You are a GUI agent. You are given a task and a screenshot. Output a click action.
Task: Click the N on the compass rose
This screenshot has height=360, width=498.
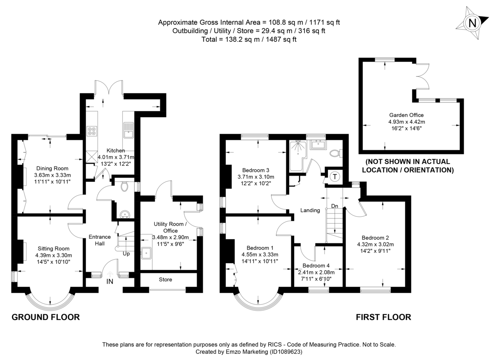[x=472, y=23]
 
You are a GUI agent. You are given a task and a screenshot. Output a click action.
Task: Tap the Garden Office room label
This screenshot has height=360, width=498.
[x=406, y=115]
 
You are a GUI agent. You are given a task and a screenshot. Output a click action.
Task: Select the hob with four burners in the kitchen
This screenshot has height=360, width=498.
[x=92, y=131]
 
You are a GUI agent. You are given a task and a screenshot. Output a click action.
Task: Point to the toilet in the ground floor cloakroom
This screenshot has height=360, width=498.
[x=125, y=186]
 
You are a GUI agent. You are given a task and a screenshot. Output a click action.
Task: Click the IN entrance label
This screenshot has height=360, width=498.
[x=110, y=282]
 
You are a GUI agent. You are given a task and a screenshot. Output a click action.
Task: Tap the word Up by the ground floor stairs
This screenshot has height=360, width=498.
[x=126, y=254]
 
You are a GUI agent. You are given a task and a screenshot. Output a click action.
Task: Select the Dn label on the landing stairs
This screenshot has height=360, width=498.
[x=334, y=206]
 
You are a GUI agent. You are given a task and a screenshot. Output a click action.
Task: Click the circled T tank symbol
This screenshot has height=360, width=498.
[x=335, y=177]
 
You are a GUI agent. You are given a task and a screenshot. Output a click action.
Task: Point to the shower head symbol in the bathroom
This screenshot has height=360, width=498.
[x=298, y=147]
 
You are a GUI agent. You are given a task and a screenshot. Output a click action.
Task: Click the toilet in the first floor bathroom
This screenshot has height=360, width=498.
[x=336, y=153]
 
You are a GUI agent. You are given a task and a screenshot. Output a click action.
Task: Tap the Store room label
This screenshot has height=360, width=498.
[x=166, y=279]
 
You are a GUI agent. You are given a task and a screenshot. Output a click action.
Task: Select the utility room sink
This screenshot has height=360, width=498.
[x=146, y=253]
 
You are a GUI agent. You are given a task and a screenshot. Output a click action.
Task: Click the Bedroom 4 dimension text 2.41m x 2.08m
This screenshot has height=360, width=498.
[x=316, y=272]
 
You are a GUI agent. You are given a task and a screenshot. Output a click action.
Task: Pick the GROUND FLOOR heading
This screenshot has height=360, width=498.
[x=46, y=317]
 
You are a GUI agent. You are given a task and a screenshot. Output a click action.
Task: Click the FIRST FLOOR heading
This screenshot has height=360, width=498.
[x=383, y=317]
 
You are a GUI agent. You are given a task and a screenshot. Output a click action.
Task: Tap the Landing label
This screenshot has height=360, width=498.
[x=310, y=210]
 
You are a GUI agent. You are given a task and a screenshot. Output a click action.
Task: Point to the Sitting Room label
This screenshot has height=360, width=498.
[x=54, y=249]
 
